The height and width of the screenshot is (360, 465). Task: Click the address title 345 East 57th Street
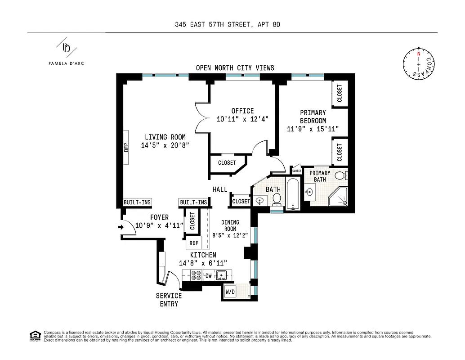(x=228, y=25)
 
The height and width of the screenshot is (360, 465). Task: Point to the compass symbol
(x=419, y=64)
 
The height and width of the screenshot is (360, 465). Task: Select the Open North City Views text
(x=235, y=68)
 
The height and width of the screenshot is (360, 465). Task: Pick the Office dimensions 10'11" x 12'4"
(x=242, y=119)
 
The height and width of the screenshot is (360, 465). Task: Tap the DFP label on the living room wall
(x=126, y=147)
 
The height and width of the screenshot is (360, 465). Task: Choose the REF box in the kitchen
(x=194, y=243)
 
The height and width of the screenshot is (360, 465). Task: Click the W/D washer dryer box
(x=230, y=292)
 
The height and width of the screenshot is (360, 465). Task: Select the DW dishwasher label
(x=208, y=275)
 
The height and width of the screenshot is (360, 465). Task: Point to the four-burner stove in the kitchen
(x=197, y=275)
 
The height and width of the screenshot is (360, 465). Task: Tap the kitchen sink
(x=221, y=275)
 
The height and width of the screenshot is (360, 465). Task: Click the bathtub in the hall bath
(x=293, y=194)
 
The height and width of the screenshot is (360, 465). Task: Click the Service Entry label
(x=169, y=300)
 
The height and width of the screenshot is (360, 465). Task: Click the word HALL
(x=220, y=189)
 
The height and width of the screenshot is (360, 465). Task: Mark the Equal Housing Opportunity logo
(x=34, y=335)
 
